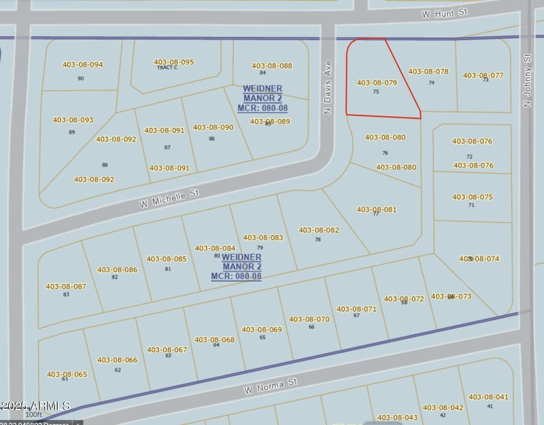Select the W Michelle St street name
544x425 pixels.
(x=169, y=199)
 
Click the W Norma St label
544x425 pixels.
(x=271, y=387)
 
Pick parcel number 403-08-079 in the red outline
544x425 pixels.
(x=377, y=83)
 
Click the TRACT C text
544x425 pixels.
(x=167, y=68)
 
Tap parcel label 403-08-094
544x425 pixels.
(x=82, y=64)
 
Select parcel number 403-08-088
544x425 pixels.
(x=271, y=66)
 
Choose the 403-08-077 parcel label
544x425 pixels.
(x=483, y=75)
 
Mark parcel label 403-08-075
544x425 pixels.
(x=473, y=197)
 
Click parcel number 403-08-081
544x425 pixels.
(x=376, y=210)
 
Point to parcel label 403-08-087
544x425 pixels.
(x=66, y=287)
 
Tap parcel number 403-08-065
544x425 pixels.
(x=67, y=374)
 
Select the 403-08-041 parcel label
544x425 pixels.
(x=488, y=397)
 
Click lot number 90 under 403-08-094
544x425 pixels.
(x=81, y=79)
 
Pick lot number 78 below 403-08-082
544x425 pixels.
(x=318, y=240)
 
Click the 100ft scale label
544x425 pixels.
(x=33, y=414)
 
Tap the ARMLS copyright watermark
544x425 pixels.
(x=35, y=405)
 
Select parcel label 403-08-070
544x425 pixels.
(x=309, y=319)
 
